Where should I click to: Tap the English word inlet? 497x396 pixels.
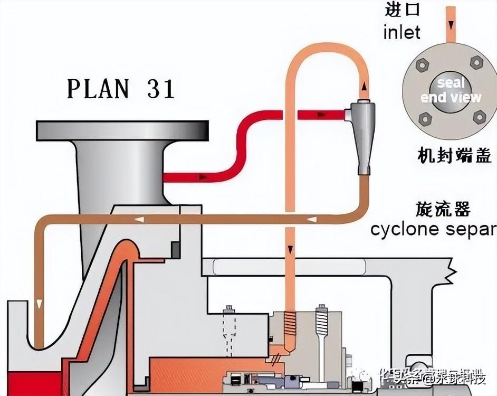(402, 32)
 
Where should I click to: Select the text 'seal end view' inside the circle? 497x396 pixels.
(451, 90)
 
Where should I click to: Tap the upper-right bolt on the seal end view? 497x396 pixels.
(476, 63)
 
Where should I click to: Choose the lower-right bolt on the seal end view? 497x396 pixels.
(479, 116)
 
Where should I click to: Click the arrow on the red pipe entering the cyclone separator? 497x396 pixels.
(320, 114)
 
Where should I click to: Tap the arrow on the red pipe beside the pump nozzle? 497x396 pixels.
(203, 177)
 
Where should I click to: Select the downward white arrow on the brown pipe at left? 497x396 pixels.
(39, 303)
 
